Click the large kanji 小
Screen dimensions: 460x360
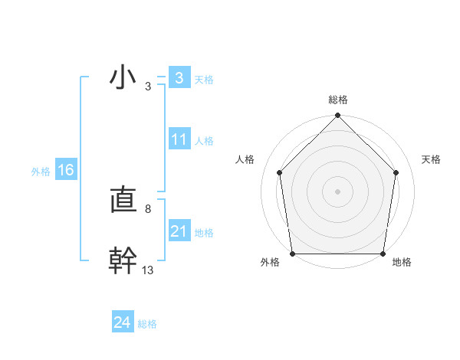coord(123,78)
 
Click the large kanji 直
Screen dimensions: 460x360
coord(123,201)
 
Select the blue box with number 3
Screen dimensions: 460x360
coord(179,78)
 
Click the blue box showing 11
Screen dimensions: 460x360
coord(179,139)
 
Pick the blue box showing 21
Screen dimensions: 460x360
coord(179,231)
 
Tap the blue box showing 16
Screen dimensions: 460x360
coord(66,170)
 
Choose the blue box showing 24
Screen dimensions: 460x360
coord(122,323)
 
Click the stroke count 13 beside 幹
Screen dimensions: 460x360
coord(147,270)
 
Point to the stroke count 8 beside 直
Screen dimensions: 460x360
coord(147,208)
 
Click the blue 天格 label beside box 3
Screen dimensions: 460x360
coord(204,79)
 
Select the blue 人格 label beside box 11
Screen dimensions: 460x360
coord(204,140)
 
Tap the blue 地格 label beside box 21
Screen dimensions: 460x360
coord(204,232)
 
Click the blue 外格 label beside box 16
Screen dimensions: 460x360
coord(41,172)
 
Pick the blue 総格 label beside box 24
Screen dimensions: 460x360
coord(147,324)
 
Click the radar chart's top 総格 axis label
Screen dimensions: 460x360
coord(338,100)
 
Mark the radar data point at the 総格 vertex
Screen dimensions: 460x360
coord(338,116)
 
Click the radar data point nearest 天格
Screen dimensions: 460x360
coord(396,172)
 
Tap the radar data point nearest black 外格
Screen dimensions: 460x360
coord(292,254)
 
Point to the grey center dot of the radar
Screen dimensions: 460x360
coord(338,191)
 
